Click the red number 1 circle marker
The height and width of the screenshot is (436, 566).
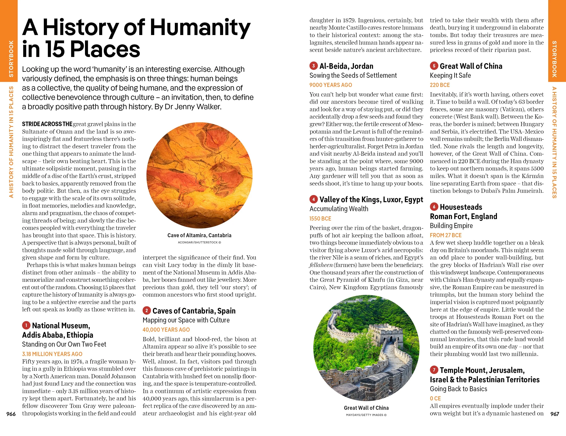(x=26, y=325)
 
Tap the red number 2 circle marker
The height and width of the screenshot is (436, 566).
(x=147, y=310)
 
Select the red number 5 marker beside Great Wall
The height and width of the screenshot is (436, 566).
(x=434, y=66)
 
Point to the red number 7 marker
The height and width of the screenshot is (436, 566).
(x=434, y=370)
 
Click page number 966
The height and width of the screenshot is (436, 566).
(x=11, y=414)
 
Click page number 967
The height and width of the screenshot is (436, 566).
(x=555, y=414)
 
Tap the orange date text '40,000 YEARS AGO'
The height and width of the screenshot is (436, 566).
(x=166, y=330)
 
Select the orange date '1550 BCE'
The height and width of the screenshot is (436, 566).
(x=320, y=219)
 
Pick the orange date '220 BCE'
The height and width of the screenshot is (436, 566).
(x=440, y=85)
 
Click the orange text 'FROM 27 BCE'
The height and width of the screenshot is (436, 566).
(x=446, y=235)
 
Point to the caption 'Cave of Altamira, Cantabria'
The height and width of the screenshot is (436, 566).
(x=199, y=235)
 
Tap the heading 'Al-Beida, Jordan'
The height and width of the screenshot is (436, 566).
(x=346, y=66)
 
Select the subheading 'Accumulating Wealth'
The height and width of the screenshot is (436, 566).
(x=339, y=209)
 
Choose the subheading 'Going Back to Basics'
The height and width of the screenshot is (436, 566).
(x=458, y=389)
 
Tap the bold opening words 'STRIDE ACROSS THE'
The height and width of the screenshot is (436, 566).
(x=47, y=124)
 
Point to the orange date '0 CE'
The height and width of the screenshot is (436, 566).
(x=435, y=398)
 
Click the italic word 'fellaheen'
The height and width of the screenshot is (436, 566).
(x=321, y=265)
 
